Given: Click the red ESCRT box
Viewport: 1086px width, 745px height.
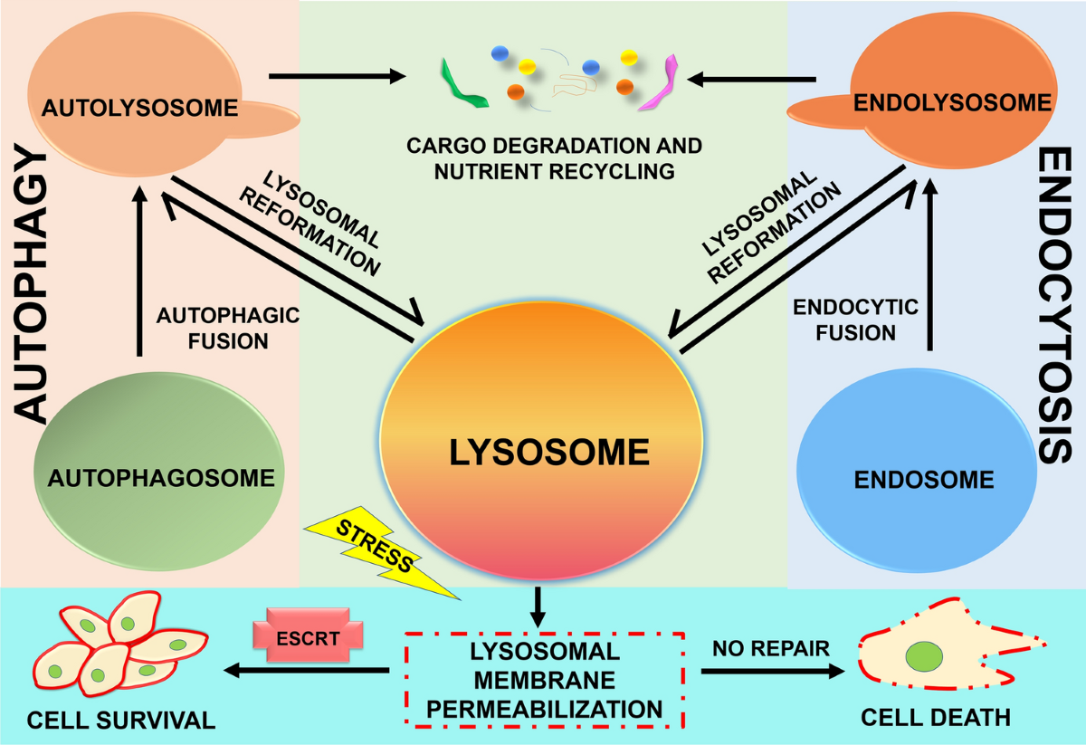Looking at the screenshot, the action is [x=308, y=635].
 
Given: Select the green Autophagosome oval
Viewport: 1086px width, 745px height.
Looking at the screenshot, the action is [x=159, y=472].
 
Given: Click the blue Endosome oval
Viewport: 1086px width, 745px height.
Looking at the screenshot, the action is [x=917, y=470].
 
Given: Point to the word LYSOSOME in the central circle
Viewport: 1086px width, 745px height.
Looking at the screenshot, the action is [x=549, y=453].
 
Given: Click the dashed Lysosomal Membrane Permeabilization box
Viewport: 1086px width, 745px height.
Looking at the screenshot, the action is [x=545, y=680].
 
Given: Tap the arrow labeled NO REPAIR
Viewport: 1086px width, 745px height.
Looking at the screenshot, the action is [x=773, y=672].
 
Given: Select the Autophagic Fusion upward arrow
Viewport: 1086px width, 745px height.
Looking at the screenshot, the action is [x=139, y=272].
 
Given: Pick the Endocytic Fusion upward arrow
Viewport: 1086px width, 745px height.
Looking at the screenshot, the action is [x=930, y=265].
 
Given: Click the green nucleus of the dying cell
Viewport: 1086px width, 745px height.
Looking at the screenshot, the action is [x=924, y=656].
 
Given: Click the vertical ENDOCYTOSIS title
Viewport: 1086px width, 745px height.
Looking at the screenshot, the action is [x=1054, y=305].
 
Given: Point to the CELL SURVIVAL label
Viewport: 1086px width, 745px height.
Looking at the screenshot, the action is [x=121, y=721].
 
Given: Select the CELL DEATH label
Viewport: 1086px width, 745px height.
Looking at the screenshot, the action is [x=936, y=718].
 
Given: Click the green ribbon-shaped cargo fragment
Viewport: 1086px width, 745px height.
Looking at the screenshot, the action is [x=463, y=84].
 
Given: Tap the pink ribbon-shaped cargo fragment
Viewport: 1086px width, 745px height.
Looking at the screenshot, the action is [x=659, y=82].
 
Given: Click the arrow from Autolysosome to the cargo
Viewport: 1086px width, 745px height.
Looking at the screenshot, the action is [x=338, y=76].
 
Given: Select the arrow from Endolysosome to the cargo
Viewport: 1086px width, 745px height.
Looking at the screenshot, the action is [x=751, y=79].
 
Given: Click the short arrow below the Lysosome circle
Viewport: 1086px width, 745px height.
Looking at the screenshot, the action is [x=538, y=607].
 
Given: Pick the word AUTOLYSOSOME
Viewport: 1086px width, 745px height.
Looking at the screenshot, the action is [x=139, y=108].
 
